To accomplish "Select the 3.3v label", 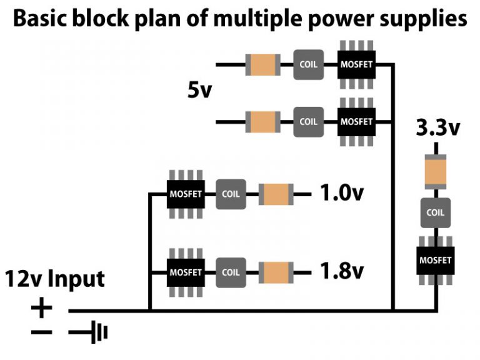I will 437,129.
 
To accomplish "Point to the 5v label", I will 201,91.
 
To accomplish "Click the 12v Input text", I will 56,278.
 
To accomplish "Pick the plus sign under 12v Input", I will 41,308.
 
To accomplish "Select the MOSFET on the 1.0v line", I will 186,194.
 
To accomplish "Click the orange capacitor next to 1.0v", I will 276,194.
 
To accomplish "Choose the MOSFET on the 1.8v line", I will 186,272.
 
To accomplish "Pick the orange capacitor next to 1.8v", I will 276,272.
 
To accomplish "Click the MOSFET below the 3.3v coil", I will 436,259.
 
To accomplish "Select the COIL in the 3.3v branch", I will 436,212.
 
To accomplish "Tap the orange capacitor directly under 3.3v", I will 436,172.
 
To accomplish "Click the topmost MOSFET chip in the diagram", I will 356,64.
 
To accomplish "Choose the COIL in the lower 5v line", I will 309,121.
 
